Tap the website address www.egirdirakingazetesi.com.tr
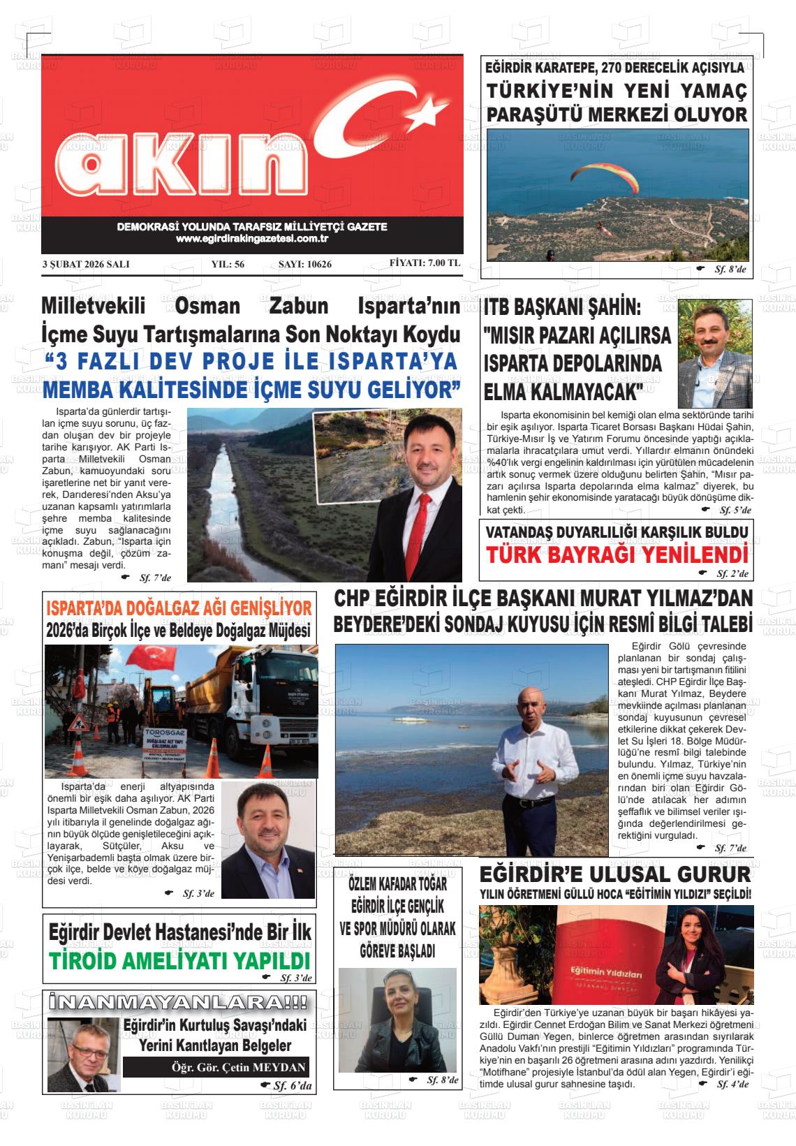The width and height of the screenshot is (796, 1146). pos(252,239)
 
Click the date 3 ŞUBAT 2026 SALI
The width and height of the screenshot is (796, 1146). pos(86,265)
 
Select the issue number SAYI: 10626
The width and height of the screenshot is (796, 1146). pos(305,265)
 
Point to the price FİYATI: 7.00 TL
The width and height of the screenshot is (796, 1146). pos(425,263)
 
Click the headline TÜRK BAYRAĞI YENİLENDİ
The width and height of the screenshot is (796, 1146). pos(617,556)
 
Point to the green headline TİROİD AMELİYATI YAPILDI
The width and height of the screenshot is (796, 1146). pos(179,960)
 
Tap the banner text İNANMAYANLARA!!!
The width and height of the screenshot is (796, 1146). pos(179,1002)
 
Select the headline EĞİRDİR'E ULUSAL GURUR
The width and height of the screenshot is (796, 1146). pos(616,874)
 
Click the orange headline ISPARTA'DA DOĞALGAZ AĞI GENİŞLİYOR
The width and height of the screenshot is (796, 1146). pos(179,609)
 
